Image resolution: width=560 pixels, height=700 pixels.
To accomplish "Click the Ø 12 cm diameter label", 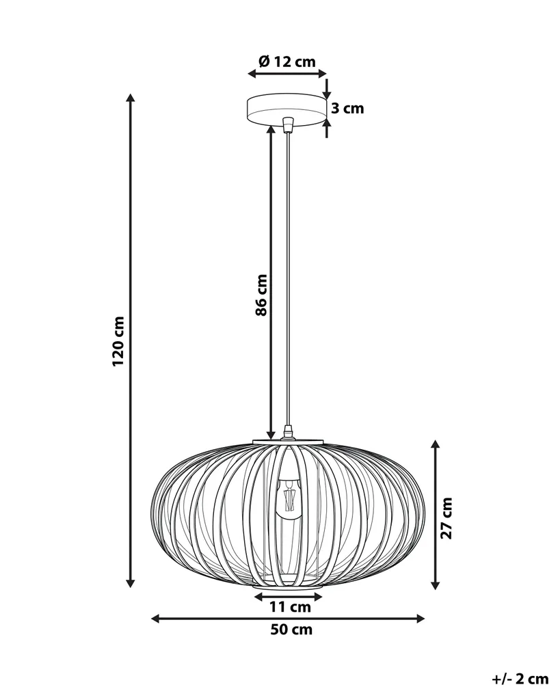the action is pos(286,61).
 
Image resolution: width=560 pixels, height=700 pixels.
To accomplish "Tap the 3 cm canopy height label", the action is pos(347,108).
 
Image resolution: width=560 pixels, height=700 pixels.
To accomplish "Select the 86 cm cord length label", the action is pos(261,295).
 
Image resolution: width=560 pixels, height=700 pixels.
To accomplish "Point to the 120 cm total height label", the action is pos(118,342).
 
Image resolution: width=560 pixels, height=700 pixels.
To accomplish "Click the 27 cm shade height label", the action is pos(446,518).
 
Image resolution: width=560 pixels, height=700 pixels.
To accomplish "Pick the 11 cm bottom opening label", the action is pos(290,607).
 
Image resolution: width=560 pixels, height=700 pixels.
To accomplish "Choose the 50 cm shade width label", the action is pos(291,630).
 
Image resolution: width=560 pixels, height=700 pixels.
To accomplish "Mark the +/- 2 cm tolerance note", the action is pos(520,679).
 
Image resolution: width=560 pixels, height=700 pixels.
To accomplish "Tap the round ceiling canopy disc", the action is pos(286,110).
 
